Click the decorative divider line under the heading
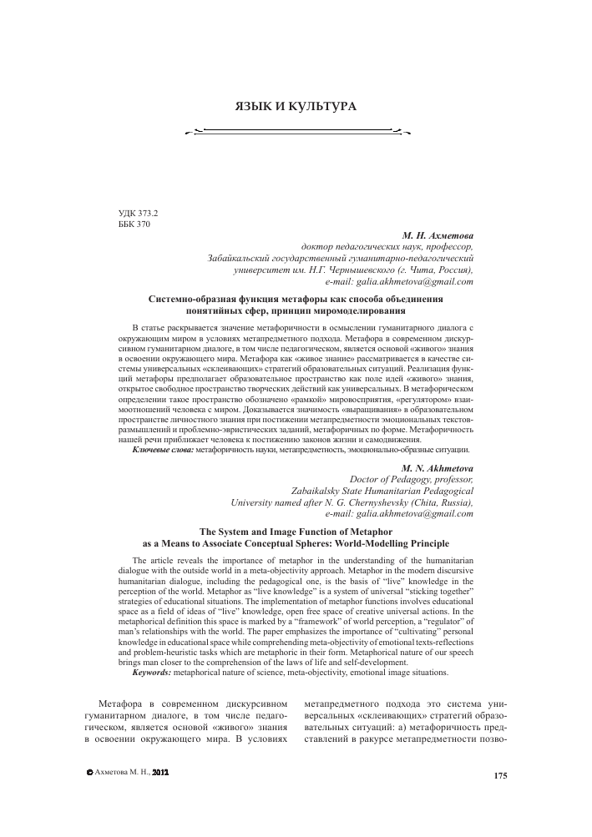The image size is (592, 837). [x=296, y=132]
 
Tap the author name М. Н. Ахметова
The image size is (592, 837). [x=438, y=236]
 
